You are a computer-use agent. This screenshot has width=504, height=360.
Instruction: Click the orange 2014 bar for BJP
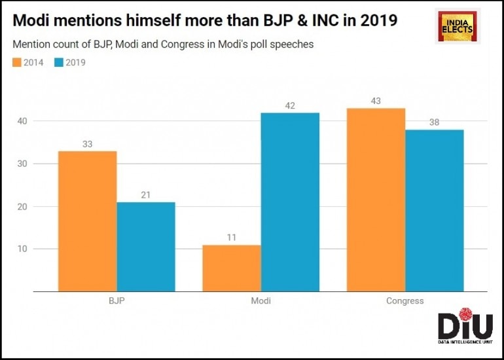88,221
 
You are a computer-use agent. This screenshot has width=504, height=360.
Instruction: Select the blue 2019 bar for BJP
146,247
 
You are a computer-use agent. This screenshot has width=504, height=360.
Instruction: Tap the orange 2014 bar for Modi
232,268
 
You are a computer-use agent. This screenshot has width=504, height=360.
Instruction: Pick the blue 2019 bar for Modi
290,202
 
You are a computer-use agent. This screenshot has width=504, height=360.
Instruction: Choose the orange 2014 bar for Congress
376,200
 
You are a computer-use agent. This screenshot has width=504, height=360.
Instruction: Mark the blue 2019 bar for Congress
434,210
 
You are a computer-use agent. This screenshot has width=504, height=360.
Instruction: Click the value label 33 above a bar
88,143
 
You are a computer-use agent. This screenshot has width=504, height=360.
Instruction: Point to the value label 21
146,194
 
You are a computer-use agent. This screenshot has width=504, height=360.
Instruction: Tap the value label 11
232,238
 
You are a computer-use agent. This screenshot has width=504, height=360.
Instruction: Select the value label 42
290,105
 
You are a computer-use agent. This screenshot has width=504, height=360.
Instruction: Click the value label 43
376,101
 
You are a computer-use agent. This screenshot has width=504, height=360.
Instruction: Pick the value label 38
434,122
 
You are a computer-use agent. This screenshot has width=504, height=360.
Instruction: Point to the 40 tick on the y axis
24,121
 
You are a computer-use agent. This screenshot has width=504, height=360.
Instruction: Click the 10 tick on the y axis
24,249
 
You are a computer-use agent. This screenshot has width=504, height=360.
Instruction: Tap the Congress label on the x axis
405,301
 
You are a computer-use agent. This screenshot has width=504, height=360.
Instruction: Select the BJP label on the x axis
117,301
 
